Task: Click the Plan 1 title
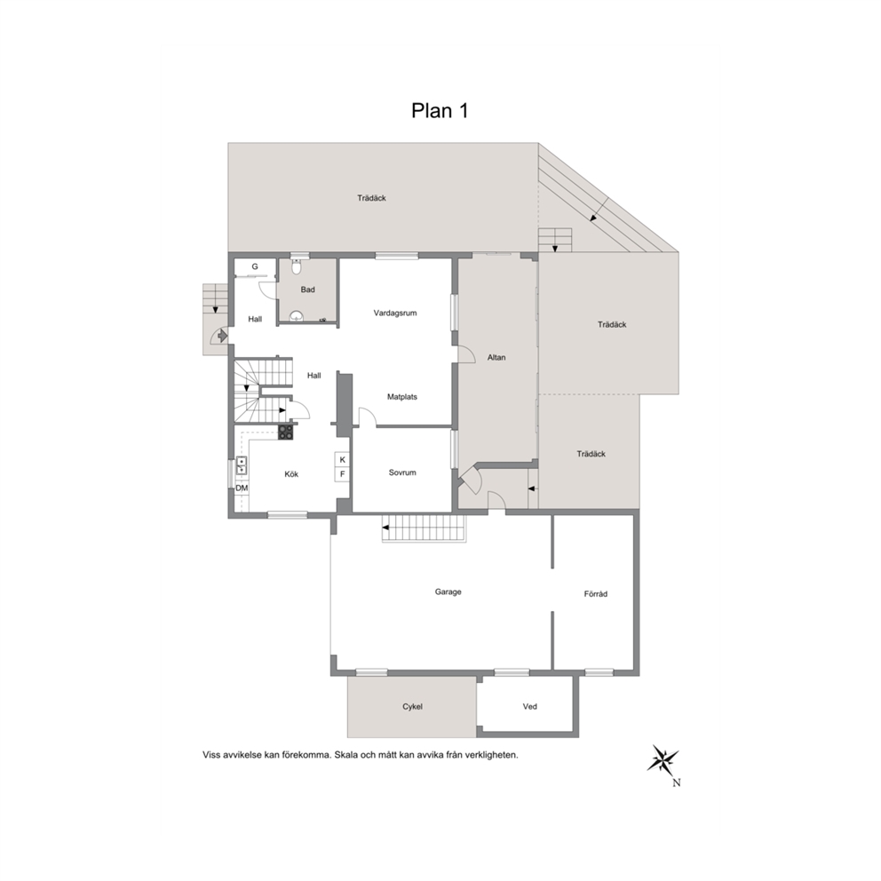click(x=440, y=111)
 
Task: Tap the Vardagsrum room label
click(x=395, y=313)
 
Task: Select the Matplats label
click(x=402, y=397)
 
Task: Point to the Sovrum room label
click(x=402, y=472)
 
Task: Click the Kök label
click(x=291, y=474)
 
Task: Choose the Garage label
click(x=448, y=591)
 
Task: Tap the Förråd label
click(x=596, y=594)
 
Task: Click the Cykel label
click(x=412, y=707)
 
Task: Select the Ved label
click(x=530, y=707)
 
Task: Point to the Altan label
click(x=496, y=357)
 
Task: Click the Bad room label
click(x=307, y=290)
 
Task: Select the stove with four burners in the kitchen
click(x=285, y=433)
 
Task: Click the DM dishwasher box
click(x=242, y=488)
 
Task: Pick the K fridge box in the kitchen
click(x=342, y=460)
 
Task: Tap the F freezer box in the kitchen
click(x=342, y=474)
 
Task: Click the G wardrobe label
click(x=255, y=266)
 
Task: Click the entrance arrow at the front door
click(x=221, y=336)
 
